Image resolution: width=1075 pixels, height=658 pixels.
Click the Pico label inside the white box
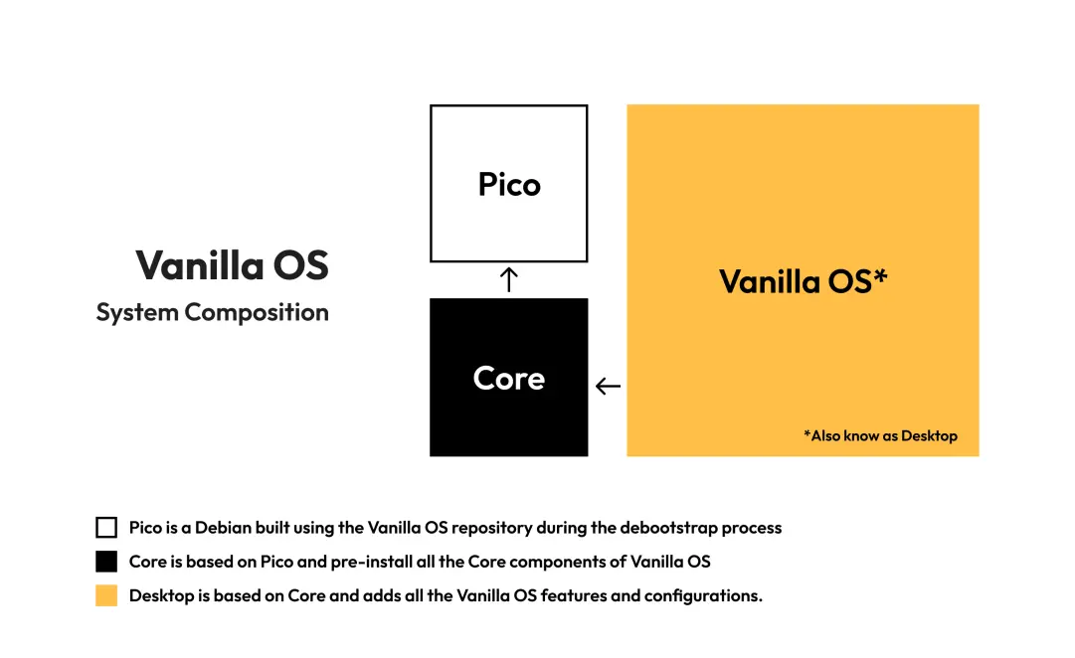click(x=509, y=184)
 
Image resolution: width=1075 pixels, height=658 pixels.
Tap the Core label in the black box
click(x=509, y=379)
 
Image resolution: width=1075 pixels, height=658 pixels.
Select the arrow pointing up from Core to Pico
click(x=509, y=279)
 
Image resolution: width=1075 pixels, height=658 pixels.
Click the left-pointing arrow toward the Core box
click(x=609, y=387)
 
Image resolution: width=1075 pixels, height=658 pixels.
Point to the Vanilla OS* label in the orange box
click(x=803, y=281)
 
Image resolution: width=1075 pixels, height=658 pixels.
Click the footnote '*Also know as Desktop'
click(x=881, y=436)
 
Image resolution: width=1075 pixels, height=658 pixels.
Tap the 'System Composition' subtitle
click(x=213, y=312)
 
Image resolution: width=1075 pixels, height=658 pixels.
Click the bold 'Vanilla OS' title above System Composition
click(x=233, y=265)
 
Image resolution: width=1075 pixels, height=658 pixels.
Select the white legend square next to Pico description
click(x=106, y=527)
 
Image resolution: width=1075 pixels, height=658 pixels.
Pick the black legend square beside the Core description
click(x=106, y=562)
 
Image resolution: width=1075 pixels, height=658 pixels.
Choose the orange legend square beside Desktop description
click(x=106, y=595)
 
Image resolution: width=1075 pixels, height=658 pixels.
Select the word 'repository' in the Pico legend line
click(x=491, y=528)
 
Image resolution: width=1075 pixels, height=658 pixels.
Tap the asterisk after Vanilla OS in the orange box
click(x=880, y=275)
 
